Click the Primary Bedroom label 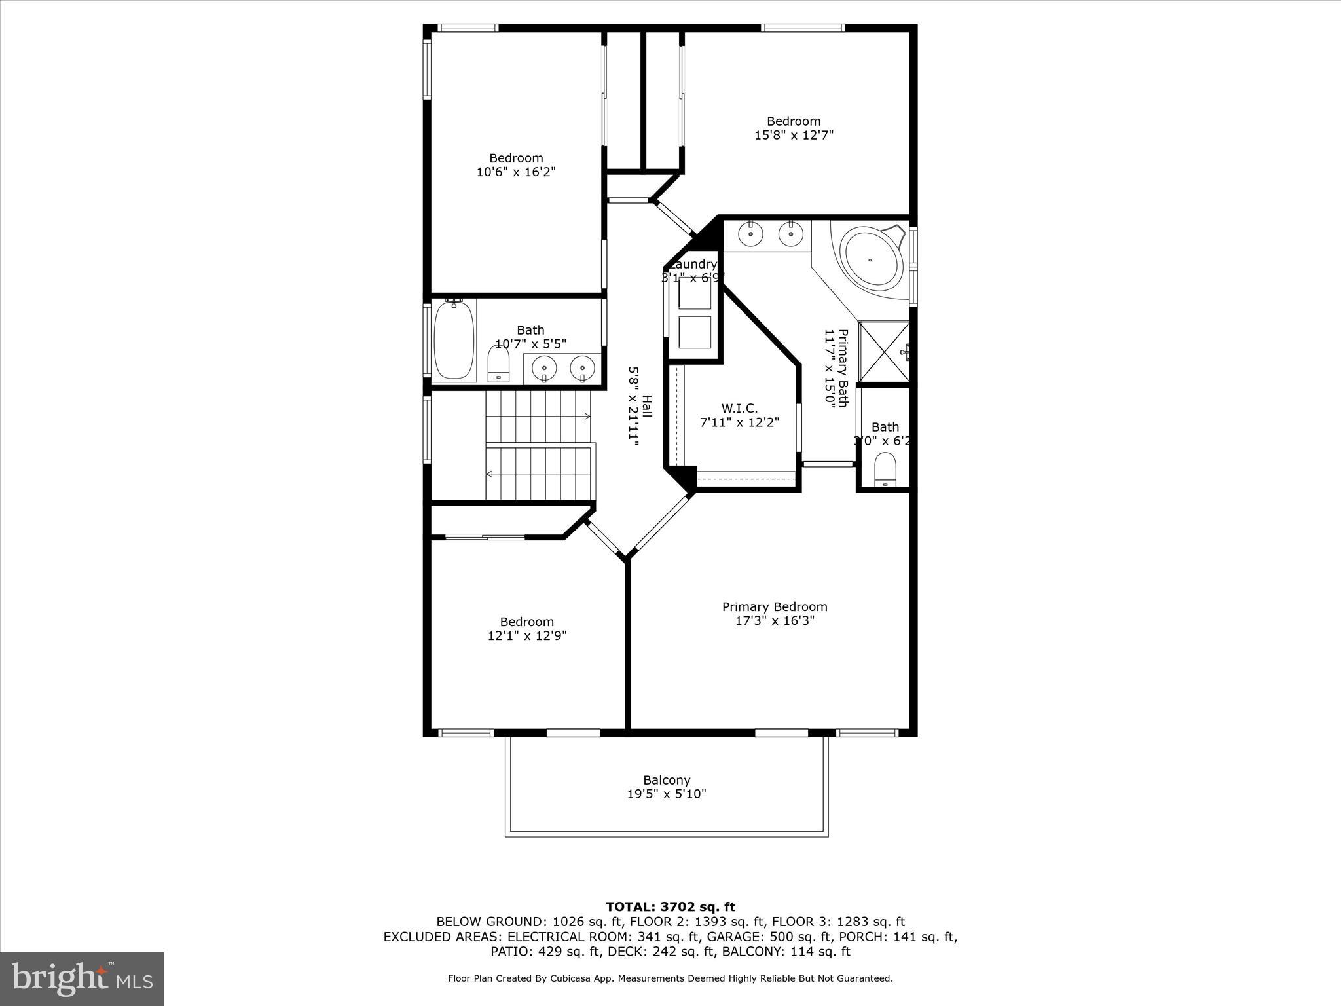click(x=774, y=607)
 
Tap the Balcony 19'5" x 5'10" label click(x=666, y=787)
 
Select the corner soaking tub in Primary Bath click(x=870, y=259)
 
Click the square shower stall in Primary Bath click(x=884, y=352)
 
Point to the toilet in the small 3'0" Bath click(x=885, y=469)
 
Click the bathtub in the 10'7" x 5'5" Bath click(x=454, y=340)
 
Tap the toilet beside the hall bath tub click(x=498, y=364)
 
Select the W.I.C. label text click(x=739, y=409)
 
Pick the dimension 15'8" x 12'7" click(x=794, y=135)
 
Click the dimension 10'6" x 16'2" click(x=516, y=172)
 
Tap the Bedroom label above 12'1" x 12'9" click(x=526, y=622)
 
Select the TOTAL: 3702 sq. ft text click(x=670, y=907)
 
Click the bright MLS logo click(x=82, y=978)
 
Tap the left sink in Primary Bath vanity click(x=750, y=233)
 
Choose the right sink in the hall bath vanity click(x=581, y=369)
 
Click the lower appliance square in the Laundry click(x=694, y=332)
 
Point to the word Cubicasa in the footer click(x=574, y=978)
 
